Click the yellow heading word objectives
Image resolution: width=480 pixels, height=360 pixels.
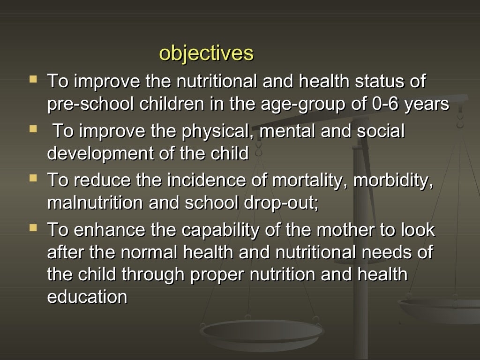point(206,53)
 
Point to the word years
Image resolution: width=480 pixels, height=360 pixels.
point(427,104)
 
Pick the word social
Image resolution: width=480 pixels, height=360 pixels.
point(381,131)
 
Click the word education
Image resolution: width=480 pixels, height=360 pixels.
point(87,297)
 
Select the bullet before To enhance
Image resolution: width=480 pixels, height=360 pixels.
point(33,228)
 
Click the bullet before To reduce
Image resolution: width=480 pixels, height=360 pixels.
point(33,179)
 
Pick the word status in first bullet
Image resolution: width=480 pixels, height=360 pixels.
point(379,81)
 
